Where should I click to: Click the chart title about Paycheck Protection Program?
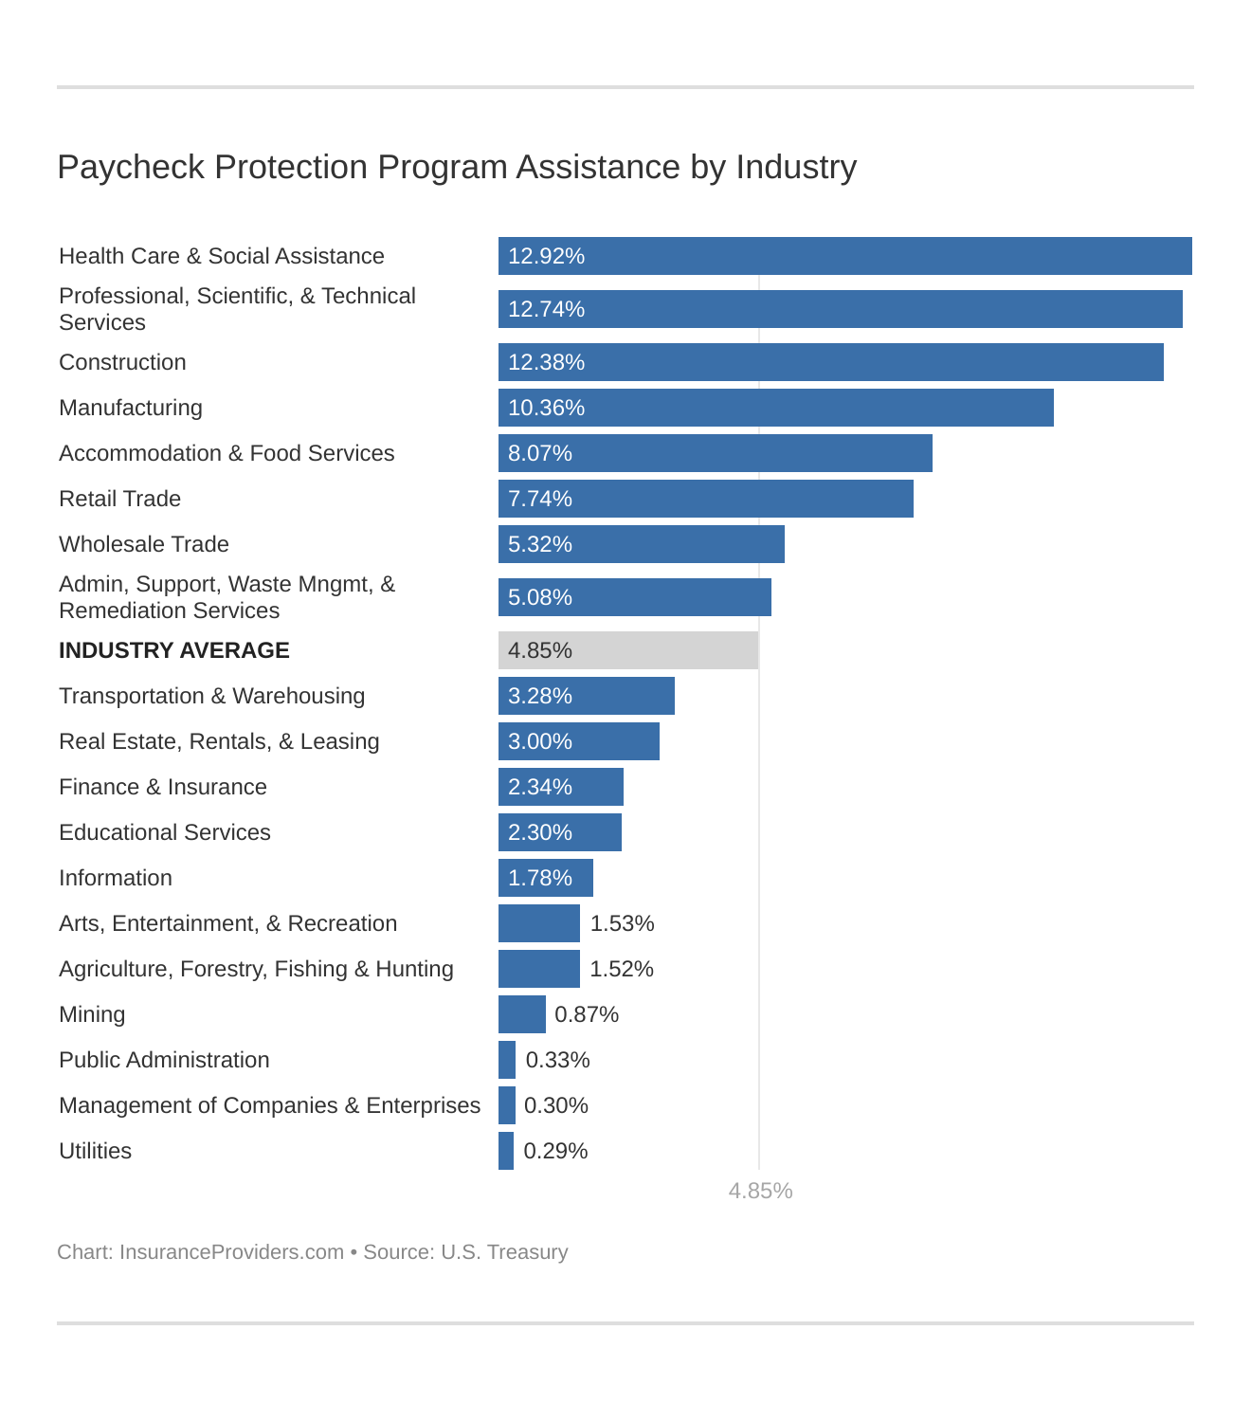457,167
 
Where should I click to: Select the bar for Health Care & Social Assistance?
843,256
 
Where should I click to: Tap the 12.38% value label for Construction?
546,362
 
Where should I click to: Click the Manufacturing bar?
775,408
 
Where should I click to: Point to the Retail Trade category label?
119,499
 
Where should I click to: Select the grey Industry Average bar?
627,650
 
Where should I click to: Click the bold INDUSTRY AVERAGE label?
174,650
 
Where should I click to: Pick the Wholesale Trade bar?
641,544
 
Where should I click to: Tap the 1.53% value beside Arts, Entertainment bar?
622,923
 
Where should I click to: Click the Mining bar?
521,1014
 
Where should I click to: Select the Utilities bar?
506,1151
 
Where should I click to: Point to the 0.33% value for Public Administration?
557,1060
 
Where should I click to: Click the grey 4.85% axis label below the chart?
760,1191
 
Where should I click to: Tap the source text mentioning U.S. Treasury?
465,1252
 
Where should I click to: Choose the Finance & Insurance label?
163,787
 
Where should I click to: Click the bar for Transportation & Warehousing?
586,696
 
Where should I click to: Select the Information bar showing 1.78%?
545,878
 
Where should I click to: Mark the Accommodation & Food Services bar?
715,453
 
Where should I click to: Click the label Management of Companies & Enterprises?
269,1105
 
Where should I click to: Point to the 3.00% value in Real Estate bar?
540,741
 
